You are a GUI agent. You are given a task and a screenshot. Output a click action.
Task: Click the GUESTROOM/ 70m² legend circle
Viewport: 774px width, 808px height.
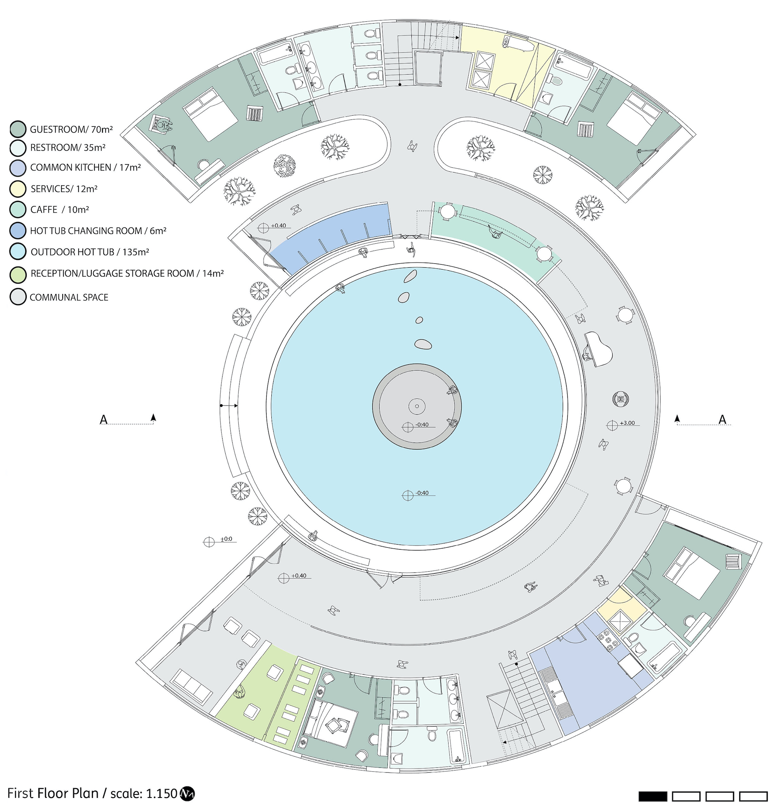[18, 130]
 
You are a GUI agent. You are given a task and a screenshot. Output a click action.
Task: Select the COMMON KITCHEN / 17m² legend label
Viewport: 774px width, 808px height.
[86, 167]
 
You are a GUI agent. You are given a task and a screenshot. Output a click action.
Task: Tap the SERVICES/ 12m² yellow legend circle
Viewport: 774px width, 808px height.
[18, 189]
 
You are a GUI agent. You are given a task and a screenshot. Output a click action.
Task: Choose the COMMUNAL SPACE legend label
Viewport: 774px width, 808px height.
[69, 297]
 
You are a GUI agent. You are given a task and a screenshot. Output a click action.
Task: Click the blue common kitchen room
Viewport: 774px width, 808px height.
[586, 684]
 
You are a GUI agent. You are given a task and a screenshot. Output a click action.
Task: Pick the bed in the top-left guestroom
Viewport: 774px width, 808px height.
[211, 113]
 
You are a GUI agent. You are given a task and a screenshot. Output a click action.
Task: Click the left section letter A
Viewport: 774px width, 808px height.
[104, 420]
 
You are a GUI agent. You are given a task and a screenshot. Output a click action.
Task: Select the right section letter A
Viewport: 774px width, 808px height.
[722, 419]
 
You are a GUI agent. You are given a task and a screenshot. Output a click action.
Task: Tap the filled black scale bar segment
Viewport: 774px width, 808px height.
[652, 796]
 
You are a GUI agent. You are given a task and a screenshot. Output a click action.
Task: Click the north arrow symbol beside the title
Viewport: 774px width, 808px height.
[187, 793]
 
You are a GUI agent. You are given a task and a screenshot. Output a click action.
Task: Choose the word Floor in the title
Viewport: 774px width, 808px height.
[53, 794]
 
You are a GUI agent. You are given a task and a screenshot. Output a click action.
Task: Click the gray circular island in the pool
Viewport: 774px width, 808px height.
[417, 407]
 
